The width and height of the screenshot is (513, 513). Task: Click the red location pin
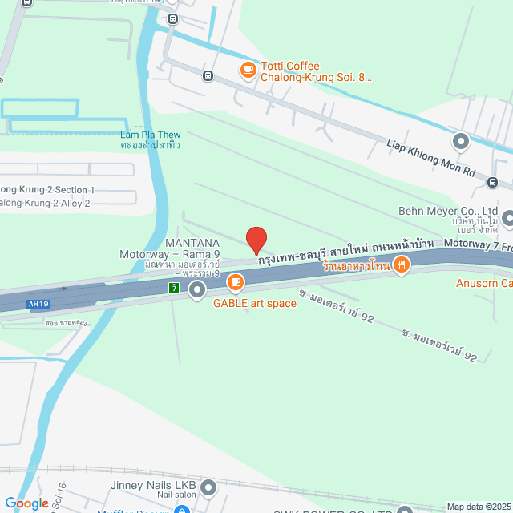coord(256,240)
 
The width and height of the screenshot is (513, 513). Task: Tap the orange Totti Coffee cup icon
coord(248,71)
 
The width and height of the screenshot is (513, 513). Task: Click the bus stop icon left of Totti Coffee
coord(208,76)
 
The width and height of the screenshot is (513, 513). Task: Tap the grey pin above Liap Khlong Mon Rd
coord(460,142)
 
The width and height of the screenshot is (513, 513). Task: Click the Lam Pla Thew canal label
coord(151,139)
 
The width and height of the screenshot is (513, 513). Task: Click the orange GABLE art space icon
coord(235,281)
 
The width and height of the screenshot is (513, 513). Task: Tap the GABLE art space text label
coord(254,303)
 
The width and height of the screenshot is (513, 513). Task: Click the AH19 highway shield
coord(34,305)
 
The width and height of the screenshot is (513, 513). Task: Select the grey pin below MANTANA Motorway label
coord(198,291)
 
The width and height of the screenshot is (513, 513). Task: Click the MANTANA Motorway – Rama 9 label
coord(170,254)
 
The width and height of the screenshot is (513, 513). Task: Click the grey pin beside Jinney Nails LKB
coord(208,487)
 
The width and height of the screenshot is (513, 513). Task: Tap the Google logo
coord(26,503)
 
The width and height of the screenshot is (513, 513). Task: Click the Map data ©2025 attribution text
coord(479,507)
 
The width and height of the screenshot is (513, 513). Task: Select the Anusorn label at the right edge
coord(484,283)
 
